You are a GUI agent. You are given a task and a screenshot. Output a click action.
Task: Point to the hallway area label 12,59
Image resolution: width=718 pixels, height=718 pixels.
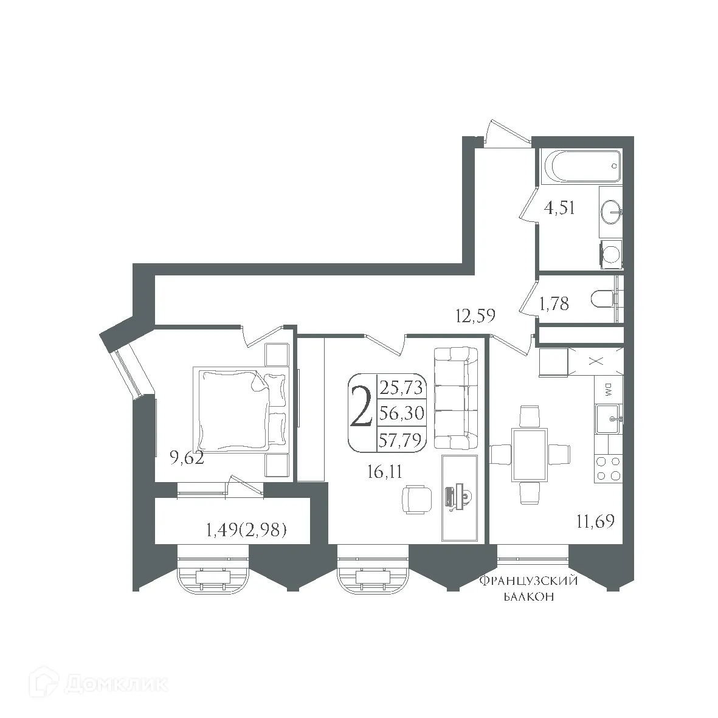point(475,316)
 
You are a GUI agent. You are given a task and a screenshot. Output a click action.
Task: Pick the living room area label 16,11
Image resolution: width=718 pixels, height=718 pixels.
point(385,471)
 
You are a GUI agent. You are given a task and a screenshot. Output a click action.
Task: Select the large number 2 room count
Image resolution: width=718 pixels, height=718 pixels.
point(362,412)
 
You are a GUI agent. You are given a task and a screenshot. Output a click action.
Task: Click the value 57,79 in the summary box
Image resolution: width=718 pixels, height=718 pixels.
point(400,440)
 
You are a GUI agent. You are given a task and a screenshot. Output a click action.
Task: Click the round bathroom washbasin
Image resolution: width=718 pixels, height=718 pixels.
point(610,213)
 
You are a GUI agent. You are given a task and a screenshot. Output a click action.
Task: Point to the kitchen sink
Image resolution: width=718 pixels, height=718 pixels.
point(608,419)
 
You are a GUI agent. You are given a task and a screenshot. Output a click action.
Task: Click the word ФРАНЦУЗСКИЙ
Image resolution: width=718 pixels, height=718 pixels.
point(528,581)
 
